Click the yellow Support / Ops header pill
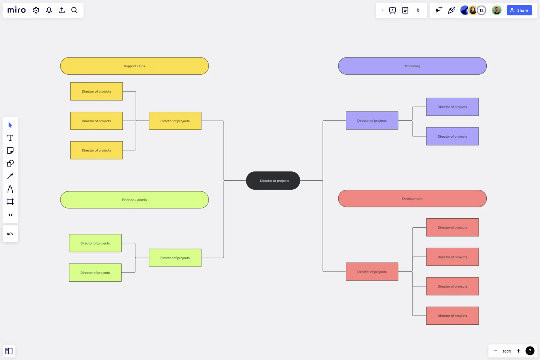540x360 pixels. tap(134, 66)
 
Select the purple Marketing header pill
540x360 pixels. tap(412, 66)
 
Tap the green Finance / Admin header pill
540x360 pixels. tap(134, 200)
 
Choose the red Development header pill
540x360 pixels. tap(412, 198)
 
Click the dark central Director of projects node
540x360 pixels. tap(273, 181)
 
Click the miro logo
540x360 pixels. tap(16, 10)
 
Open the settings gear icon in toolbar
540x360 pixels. tap(36, 10)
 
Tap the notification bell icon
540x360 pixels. tap(49, 10)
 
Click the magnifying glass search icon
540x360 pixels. tap(74, 10)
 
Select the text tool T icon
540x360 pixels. tap(10, 138)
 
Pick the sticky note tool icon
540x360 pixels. tap(10, 150)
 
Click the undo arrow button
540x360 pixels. tap(10, 234)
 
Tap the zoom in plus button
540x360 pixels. tap(518, 351)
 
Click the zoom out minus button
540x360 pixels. tap(495, 351)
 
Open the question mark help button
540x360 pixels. tap(530, 351)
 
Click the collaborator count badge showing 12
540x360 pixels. tap(481, 10)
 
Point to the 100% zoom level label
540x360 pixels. tap(507, 351)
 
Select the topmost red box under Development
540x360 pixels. tap(452, 228)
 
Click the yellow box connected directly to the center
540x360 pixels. tap(175, 121)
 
